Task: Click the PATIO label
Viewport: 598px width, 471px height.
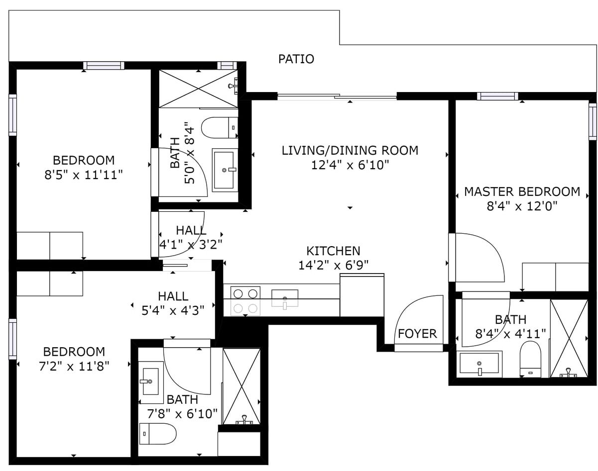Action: pos(296,59)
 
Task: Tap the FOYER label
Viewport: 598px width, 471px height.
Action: pos(417,334)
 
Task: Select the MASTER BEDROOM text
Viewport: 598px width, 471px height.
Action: pos(522,191)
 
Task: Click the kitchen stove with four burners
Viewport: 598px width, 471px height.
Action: pos(246,301)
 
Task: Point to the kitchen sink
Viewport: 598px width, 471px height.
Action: pos(285,299)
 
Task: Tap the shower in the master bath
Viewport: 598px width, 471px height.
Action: pos(569,338)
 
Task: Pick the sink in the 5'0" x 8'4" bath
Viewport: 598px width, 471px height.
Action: pos(225,170)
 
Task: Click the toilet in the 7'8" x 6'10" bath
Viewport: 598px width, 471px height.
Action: pos(157,433)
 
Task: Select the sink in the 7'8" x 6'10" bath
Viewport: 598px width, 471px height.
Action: pos(150,381)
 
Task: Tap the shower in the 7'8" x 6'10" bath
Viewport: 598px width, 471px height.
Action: pos(241,386)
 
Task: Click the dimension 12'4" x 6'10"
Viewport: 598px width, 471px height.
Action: pos(350,165)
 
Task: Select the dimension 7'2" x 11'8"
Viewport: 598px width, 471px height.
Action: pos(74,366)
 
